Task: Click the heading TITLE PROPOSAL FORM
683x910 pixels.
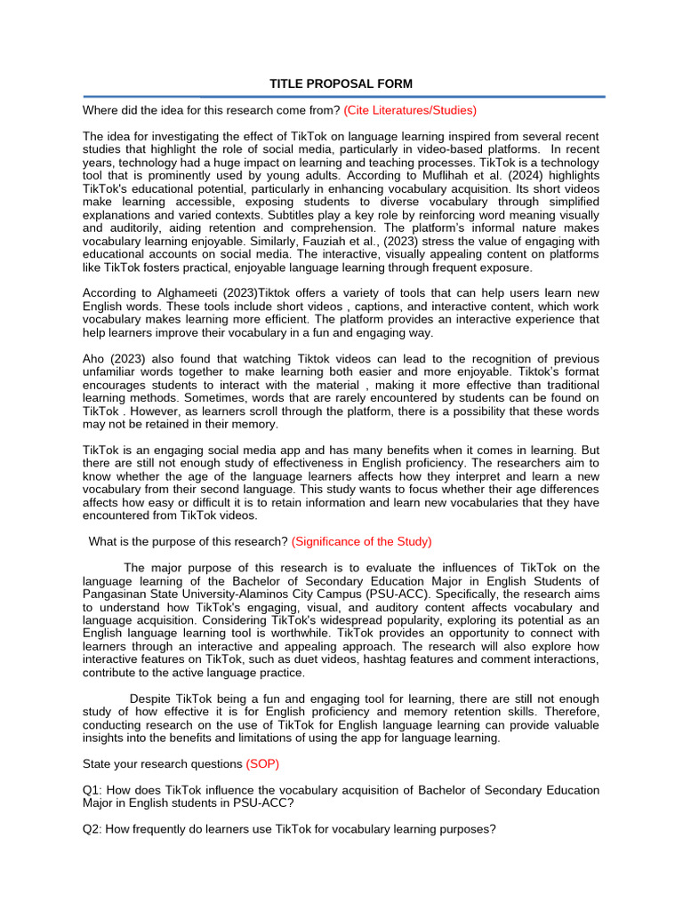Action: coord(341,84)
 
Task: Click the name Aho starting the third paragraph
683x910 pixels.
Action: coord(94,358)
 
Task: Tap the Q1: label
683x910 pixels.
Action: coord(93,790)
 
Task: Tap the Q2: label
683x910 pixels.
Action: coord(93,829)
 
